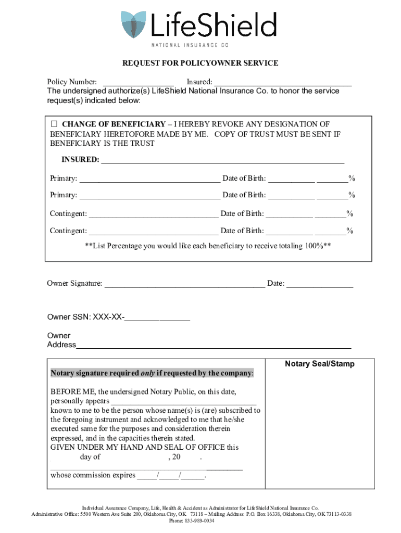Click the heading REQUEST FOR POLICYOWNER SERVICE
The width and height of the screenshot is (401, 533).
coord(200,63)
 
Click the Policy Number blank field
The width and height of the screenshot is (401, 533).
coord(139,82)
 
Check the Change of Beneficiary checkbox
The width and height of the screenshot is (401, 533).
coord(54,124)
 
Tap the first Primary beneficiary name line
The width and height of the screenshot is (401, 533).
coord(149,179)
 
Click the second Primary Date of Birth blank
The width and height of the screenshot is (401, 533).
coord(292,195)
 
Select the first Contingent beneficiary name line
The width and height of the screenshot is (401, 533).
coord(154,214)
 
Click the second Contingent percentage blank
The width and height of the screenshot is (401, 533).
coord(330,231)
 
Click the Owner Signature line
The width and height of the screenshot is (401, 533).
coord(184,284)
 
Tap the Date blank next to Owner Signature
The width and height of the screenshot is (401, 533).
coord(320,284)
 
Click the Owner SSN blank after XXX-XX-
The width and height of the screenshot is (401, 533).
coord(157,317)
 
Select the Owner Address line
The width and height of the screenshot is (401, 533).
coord(214,345)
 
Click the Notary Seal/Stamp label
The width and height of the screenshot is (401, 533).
coord(319,364)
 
